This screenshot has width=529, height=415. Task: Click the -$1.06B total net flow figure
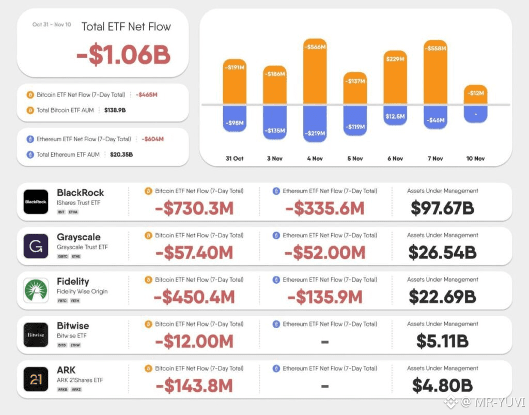point(123,55)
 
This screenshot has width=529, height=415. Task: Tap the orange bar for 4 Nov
point(315,72)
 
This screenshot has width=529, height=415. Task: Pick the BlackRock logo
point(36,202)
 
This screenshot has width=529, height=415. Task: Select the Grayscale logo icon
point(36,246)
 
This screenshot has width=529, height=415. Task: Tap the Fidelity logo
point(36,290)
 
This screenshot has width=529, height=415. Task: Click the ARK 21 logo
point(36,379)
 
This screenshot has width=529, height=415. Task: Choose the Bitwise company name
point(73,326)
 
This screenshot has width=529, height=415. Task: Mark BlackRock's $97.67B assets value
point(442,208)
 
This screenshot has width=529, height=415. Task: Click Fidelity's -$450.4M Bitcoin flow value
point(194,297)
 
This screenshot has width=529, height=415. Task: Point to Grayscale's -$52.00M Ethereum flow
point(325,252)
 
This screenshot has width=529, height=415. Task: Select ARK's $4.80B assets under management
point(442,385)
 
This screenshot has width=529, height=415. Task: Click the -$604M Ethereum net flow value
point(152,139)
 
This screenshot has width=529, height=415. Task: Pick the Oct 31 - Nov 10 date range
point(52,24)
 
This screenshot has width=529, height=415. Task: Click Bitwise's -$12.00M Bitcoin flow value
point(194,341)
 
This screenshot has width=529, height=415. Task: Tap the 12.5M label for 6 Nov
point(395,116)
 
